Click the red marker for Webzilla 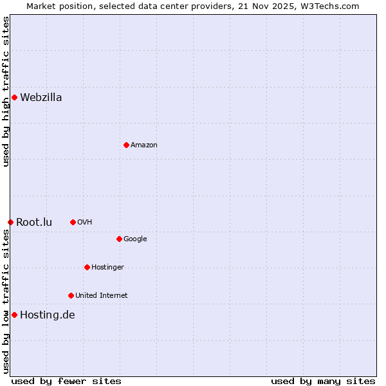pyautogui.click(x=14, y=98)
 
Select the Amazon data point pyautogui.click(x=126, y=145)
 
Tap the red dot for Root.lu pyautogui.click(x=10, y=223)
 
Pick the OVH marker pyautogui.click(x=73, y=222)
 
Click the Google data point pyautogui.click(x=119, y=239)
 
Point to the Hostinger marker pyautogui.click(x=87, y=267)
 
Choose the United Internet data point pyautogui.click(x=71, y=295)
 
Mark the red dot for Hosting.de pyautogui.click(x=14, y=315)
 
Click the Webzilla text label pyautogui.click(x=41, y=98)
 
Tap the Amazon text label pyautogui.click(x=144, y=145)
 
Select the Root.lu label pyautogui.click(x=34, y=223)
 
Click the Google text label pyautogui.click(x=135, y=239)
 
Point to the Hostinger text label pyautogui.click(x=107, y=267)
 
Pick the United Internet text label pyautogui.click(x=102, y=295)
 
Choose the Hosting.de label pyautogui.click(x=48, y=315)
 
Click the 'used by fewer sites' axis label pyautogui.click(x=66, y=381)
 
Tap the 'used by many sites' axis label pyautogui.click(x=322, y=381)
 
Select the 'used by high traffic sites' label pyautogui.click(x=6, y=92)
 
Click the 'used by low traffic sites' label pyautogui.click(x=6, y=300)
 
